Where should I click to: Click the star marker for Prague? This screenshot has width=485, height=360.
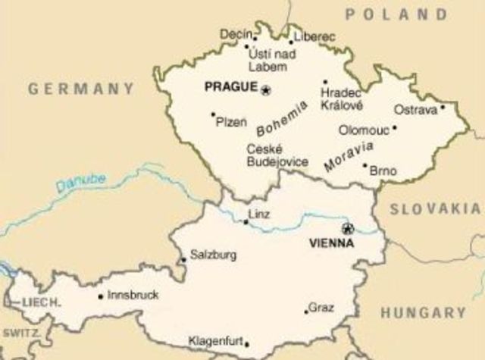[266, 90]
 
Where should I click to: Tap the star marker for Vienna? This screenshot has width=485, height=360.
[348, 228]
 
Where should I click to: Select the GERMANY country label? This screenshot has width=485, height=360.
[81, 89]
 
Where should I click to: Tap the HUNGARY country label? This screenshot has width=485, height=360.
[423, 312]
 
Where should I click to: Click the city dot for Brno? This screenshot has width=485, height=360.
[365, 166]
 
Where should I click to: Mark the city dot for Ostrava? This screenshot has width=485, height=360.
[444, 107]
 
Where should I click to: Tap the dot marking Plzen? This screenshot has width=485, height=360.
[213, 115]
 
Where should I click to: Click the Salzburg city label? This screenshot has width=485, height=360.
[213, 255]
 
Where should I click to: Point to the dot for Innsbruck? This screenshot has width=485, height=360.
[101, 296]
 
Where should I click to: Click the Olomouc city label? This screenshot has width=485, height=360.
[365, 130]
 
